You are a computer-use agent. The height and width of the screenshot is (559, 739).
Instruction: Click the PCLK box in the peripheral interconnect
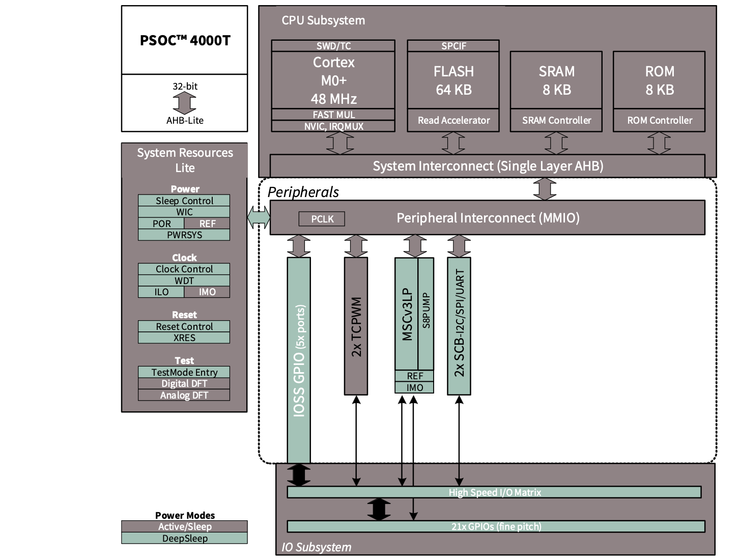click(x=322, y=219)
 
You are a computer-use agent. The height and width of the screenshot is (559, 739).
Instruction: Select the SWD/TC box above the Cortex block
click(x=333, y=46)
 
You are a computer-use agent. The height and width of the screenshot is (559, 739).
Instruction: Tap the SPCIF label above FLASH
click(x=453, y=46)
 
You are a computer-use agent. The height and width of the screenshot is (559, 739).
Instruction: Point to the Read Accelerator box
click(x=453, y=121)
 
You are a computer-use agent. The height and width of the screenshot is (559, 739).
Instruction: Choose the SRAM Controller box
click(x=556, y=121)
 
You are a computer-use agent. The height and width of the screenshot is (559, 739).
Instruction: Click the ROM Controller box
click(x=659, y=121)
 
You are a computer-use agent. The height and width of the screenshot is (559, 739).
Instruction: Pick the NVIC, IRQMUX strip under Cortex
click(x=333, y=126)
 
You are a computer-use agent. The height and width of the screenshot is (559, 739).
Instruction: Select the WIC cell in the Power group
click(x=184, y=212)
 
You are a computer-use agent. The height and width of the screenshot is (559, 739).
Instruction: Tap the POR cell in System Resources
click(x=161, y=223)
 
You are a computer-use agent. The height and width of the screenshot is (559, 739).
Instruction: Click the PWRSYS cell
click(x=184, y=235)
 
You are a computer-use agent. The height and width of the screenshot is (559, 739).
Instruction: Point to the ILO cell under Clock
click(x=161, y=292)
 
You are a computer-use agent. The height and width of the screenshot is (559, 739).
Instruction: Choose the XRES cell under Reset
click(x=184, y=338)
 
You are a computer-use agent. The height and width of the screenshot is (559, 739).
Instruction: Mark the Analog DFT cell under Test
click(x=184, y=396)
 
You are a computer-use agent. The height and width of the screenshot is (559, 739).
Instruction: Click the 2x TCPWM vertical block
click(x=356, y=326)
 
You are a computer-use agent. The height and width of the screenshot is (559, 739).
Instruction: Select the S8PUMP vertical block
click(x=426, y=313)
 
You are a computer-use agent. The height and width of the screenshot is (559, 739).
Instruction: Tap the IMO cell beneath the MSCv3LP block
click(x=415, y=388)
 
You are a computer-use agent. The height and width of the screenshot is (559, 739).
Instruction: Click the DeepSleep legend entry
click(x=184, y=539)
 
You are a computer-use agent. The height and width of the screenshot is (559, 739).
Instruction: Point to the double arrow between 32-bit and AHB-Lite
click(x=184, y=104)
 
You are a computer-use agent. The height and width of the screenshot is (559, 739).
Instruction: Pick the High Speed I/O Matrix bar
click(x=494, y=492)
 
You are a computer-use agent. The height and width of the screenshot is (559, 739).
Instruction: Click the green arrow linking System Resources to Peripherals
click(x=259, y=218)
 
